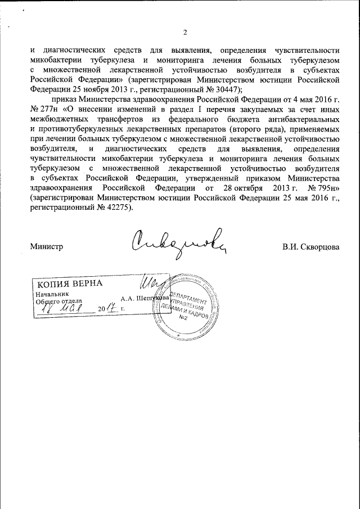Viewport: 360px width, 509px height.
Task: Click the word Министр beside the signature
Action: pos(46,246)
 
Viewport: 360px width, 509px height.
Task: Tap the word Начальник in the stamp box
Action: pos(52,294)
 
